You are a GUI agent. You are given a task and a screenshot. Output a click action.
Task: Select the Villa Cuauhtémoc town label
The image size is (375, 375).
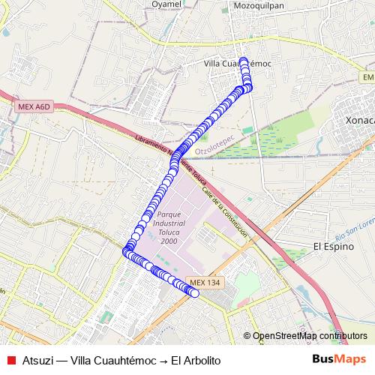[237, 64]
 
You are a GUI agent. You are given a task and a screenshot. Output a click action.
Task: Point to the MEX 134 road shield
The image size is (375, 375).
[205, 282]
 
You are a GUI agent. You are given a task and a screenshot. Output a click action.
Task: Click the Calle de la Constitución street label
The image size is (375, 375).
[225, 214]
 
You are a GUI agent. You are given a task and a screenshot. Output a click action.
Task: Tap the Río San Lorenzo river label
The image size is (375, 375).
[355, 223]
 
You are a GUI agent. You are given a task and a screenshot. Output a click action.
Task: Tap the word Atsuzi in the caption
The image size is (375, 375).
[38, 361]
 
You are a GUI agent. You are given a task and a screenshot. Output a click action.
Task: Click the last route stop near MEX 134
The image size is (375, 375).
[194, 293]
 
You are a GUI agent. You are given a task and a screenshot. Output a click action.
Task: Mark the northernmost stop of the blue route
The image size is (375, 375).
[243, 60]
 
